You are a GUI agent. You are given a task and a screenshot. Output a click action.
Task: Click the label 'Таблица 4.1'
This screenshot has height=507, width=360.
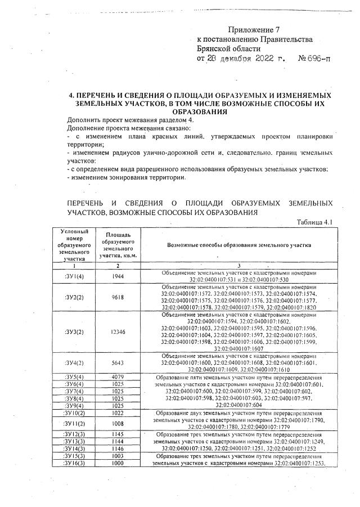[315, 222]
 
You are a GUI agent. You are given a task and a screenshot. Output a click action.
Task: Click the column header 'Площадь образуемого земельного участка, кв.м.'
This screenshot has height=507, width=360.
[119, 245]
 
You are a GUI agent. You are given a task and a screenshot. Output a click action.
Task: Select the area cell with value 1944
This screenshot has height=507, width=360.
[119, 276]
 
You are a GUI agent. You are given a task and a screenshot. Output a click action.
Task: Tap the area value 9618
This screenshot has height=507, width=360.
[119, 297]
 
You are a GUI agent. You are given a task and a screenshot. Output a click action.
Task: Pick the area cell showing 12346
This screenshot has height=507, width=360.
[119, 332]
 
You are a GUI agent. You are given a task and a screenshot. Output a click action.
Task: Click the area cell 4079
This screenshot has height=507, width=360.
[119, 376]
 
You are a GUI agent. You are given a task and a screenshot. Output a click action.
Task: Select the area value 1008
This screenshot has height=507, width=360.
[119, 423]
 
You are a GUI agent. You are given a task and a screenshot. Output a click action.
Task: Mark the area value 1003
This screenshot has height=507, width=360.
[119, 456]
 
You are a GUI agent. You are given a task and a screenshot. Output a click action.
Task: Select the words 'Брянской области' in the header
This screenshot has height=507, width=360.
[229, 48]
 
